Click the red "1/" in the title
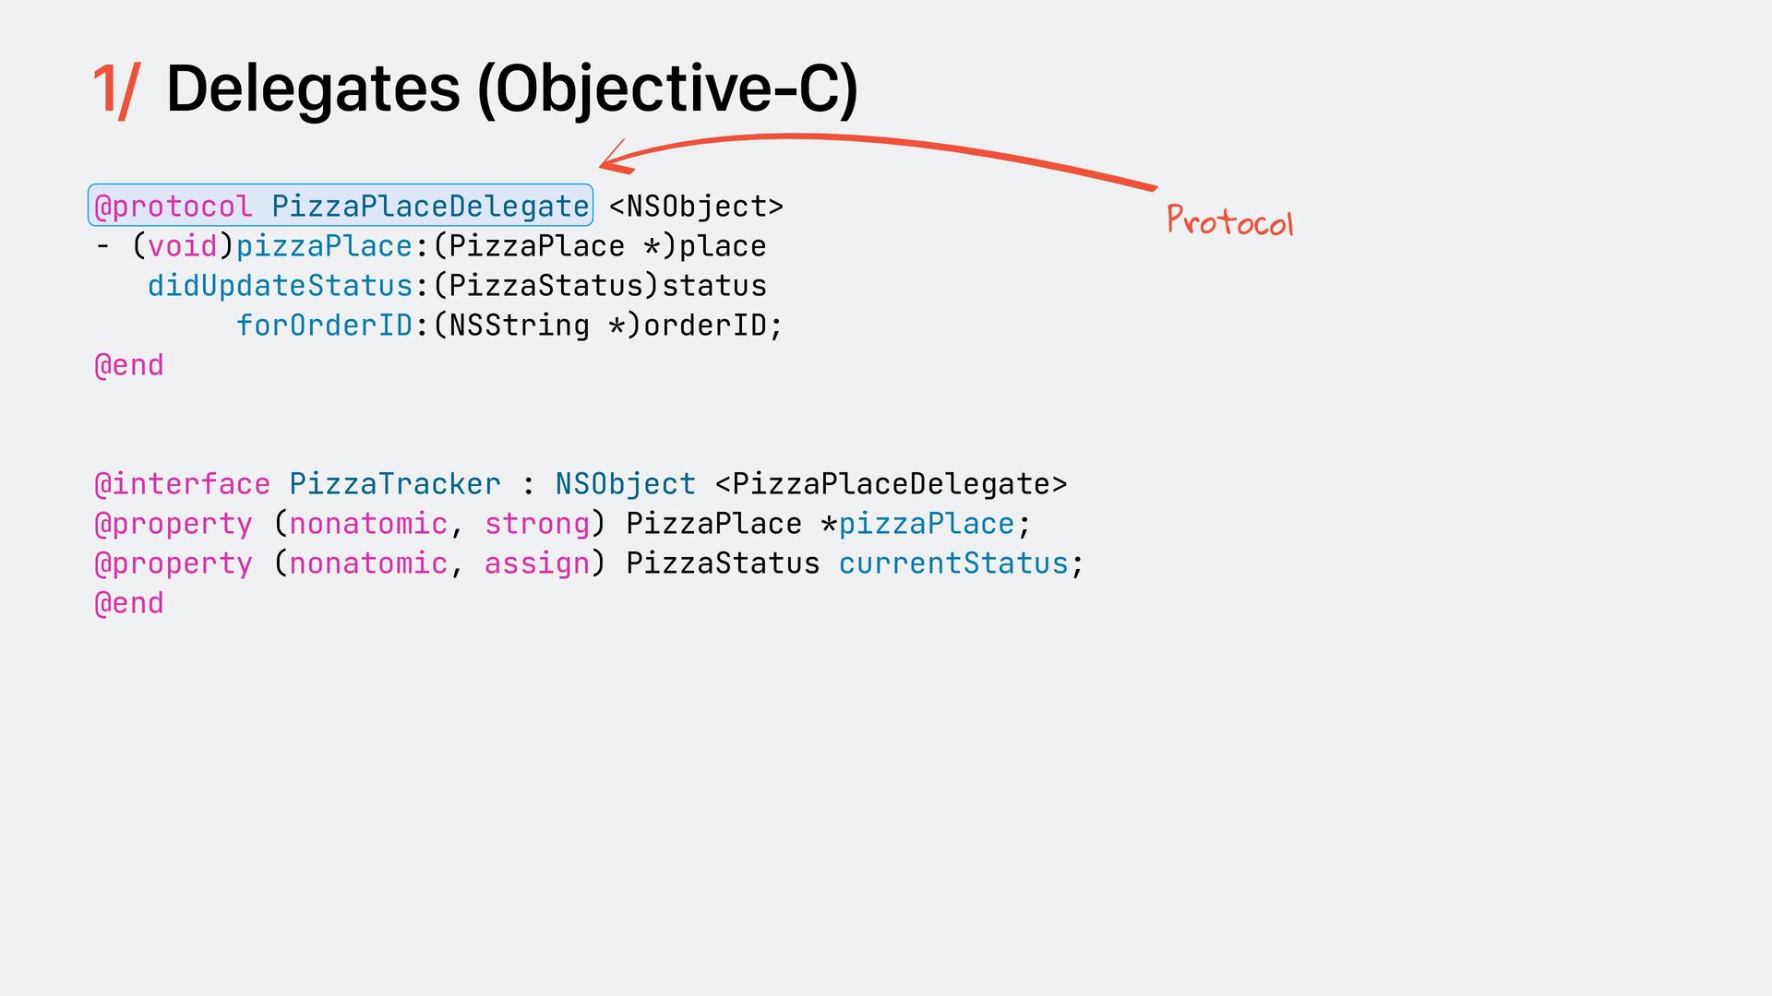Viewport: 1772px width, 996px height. pyautogui.click(x=116, y=90)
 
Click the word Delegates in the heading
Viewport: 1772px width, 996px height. pyautogui.click(x=313, y=89)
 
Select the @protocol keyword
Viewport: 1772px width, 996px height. pyautogui.click(x=173, y=207)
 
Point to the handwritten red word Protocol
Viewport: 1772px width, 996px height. pyautogui.click(x=1229, y=221)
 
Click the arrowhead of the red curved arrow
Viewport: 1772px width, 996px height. pyautogui.click(x=611, y=162)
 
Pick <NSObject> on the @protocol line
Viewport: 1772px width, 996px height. pyautogui.click(x=696, y=207)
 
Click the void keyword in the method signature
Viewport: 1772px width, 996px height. pyautogui.click(x=182, y=246)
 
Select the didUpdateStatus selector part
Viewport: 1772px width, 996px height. pyautogui.click(x=280, y=286)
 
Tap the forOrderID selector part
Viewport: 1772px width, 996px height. pyautogui.click(x=324, y=326)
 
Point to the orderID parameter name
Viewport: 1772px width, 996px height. pyautogui.click(x=706, y=326)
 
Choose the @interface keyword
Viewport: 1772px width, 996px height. pyautogui.click(x=182, y=484)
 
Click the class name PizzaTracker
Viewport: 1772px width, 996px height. pyautogui.click(x=395, y=484)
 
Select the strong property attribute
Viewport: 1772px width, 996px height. pyautogui.click(x=537, y=524)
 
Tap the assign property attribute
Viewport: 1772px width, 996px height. pyautogui.click(x=537, y=563)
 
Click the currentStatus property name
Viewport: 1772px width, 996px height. pyautogui.click(x=953, y=563)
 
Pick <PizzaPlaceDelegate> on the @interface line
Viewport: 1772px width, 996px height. pyautogui.click(x=891, y=484)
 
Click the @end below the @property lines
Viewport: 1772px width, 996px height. pyautogui.click(x=129, y=603)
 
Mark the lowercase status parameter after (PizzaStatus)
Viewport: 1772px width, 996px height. pyautogui.click(x=714, y=286)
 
